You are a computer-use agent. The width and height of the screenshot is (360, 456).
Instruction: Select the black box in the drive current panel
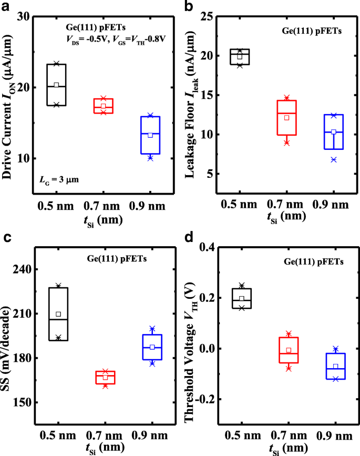(x=56, y=85)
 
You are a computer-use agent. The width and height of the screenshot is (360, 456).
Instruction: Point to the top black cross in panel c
(x=58, y=286)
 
